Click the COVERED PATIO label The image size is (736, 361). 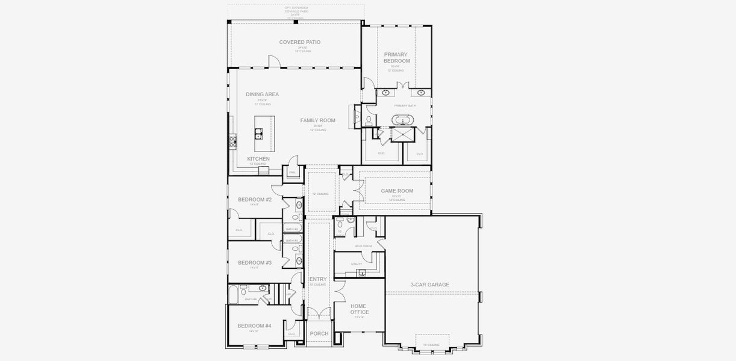click(x=299, y=42)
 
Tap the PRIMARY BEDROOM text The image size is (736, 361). click(x=397, y=58)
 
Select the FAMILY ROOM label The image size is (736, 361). click(x=318, y=120)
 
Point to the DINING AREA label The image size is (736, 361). click(x=262, y=94)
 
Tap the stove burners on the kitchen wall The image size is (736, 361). click(x=232, y=142)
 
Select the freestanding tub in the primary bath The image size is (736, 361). click(x=401, y=120)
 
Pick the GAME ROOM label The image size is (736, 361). click(x=397, y=191)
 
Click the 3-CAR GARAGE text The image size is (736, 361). click(x=430, y=285)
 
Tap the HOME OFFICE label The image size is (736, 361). click(x=360, y=309)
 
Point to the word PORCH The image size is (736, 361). click(x=319, y=333)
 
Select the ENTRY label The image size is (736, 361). click(x=318, y=279)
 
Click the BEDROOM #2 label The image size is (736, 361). click(x=255, y=199)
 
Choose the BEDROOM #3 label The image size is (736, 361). click(x=255, y=262)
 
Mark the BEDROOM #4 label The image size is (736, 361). click(x=254, y=326)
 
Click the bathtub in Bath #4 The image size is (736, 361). click(x=234, y=295)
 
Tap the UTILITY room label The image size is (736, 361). click(x=357, y=264)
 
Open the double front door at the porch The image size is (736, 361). click(x=319, y=313)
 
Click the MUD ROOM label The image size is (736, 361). click(x=363, y=246)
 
